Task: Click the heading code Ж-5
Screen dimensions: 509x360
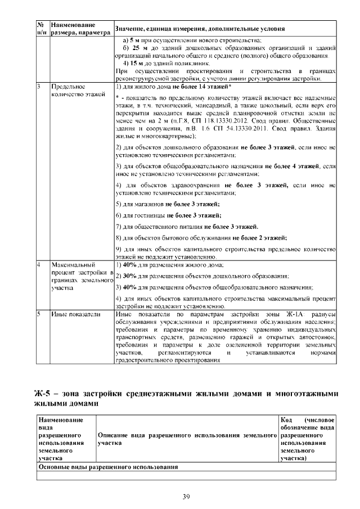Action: coord(43,392)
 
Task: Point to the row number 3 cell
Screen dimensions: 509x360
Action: coord(39,88)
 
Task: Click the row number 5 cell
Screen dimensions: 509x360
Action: coord(39,314)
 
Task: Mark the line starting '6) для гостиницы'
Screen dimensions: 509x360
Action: coord(168,215)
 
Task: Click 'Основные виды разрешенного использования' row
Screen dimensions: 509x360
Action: coord(107,467)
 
